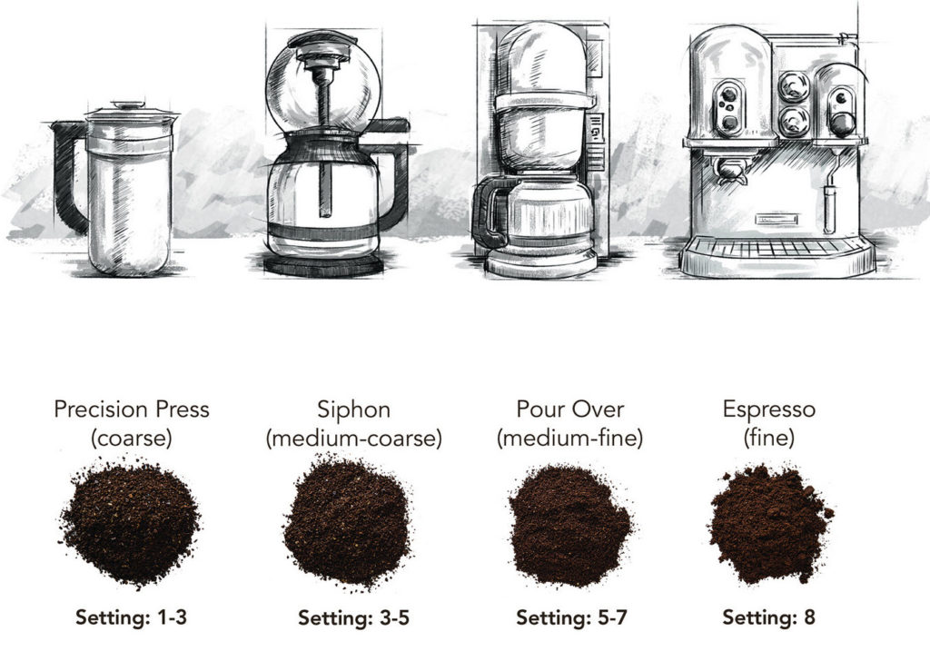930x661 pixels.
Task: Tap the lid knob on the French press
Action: (129, 105)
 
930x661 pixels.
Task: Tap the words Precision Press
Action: (132, 409)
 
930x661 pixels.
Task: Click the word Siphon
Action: (353, 409)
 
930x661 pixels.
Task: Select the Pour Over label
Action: (569, 409)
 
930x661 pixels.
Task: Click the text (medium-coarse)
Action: (353, 439)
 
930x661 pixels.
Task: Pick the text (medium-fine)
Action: (569, 439)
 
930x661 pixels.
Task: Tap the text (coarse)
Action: (132, 439)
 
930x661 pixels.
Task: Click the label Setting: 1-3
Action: (132, 618)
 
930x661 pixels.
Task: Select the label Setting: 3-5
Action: (353, 618)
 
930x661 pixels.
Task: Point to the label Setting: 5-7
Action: (571, 618)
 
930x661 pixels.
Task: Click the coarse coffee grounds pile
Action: (132, 522)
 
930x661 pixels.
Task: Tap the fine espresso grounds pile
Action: (768, 525)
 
